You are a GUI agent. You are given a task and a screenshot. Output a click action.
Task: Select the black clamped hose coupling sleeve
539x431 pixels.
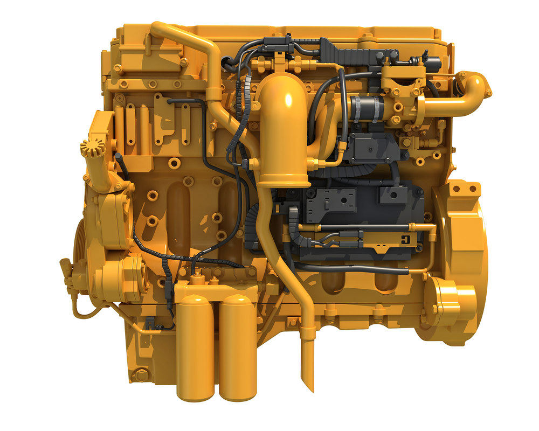tap(367, 109)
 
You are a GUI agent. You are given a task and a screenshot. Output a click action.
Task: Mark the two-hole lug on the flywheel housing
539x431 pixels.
tap(464, 189)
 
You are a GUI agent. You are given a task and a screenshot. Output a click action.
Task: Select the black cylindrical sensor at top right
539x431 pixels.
tap(432, 64)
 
